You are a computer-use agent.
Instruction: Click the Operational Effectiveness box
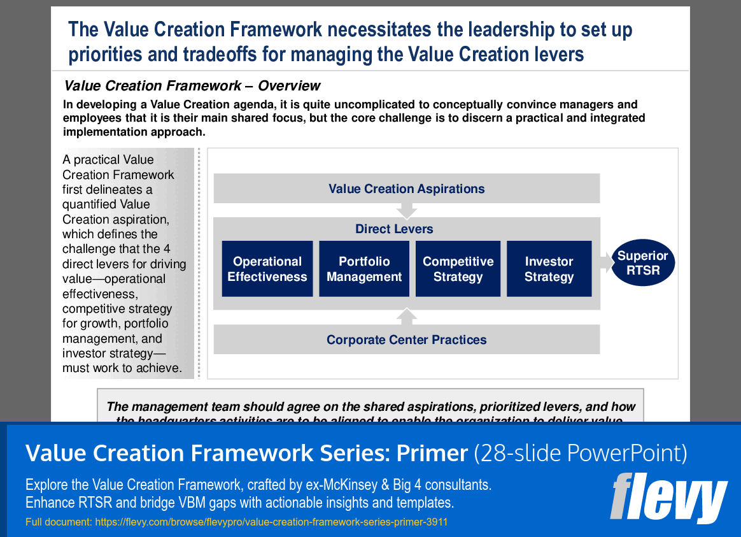click(x=267, y=269)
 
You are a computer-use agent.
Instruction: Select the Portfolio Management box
click(x=364, y=269)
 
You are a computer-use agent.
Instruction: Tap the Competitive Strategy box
click(x=458, y=269)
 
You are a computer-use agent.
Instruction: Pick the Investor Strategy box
click(x=549, y=269)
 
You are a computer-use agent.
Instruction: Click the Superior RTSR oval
click(x=643, y=262)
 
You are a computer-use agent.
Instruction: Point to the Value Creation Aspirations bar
click(x=406, y=189)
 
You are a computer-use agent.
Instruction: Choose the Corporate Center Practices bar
click(x=406, y=340)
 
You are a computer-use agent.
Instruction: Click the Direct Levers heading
click(x=394, y=229)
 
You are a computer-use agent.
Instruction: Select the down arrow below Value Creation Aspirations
click(x=406, y=211)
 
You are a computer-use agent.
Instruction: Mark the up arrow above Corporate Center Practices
click(x=406, y=317)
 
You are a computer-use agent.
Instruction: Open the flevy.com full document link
click(x=271, y=522)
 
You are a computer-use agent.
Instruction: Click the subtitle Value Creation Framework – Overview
click(x=192, y=86)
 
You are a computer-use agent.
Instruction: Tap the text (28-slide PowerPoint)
click(x=581, y=453)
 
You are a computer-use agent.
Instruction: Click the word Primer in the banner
click(x=432, y=453)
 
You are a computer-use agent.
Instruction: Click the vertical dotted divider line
click(x=199, y=263)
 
